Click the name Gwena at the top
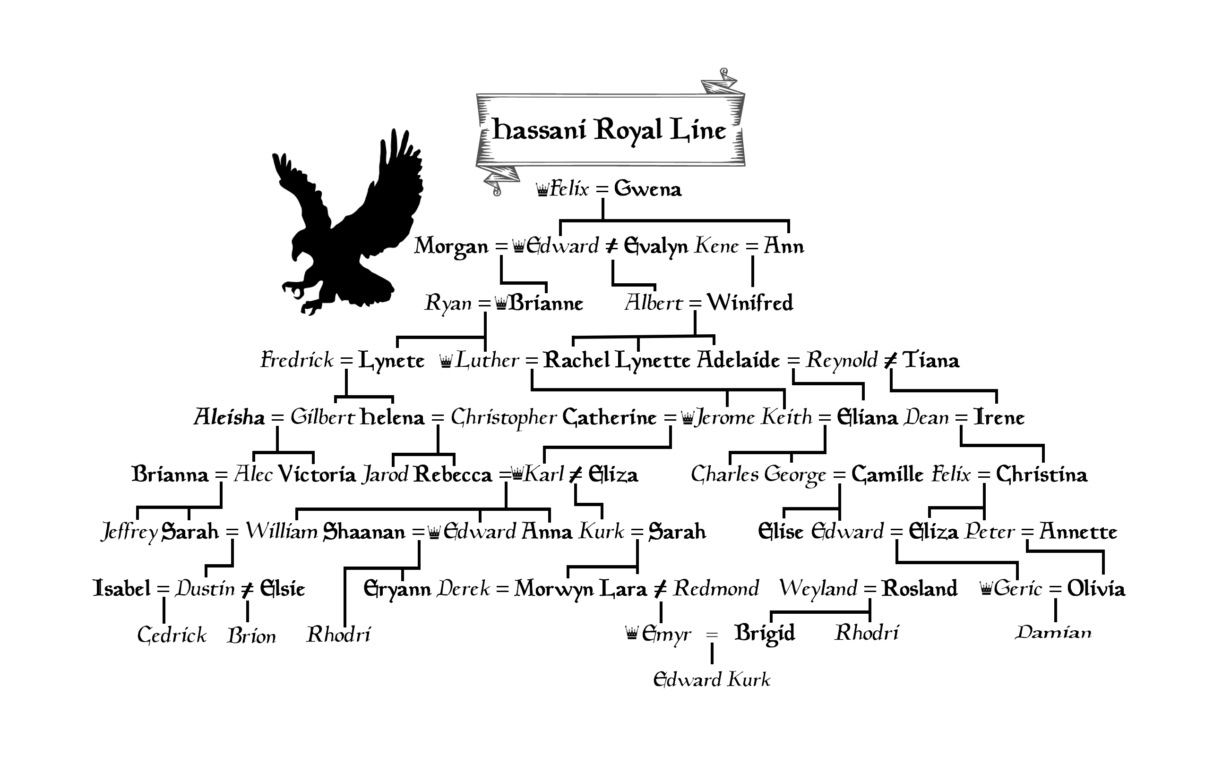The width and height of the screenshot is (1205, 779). coord(647,189)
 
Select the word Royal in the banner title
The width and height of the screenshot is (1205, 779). coord(628,130)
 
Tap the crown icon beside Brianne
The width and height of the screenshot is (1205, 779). coord(501,304)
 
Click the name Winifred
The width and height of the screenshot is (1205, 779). coord(750,303)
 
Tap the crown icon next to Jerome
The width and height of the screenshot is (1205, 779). coord(687,418)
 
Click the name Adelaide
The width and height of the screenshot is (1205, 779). coord(739,361)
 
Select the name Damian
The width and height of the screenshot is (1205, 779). coord(1053,632)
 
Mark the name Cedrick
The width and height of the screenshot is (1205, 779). coord(172,635)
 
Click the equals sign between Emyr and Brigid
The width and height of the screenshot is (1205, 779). coord(712,635)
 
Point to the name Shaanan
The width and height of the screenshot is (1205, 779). coord(364,532)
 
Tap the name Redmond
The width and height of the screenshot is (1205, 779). coord(715,588)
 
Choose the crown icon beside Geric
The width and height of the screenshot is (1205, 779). coord(986,589)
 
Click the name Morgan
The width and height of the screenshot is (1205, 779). coord(451,247)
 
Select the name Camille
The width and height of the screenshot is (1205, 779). coord(887,474)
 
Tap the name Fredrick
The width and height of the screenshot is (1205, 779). coord(297,361)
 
